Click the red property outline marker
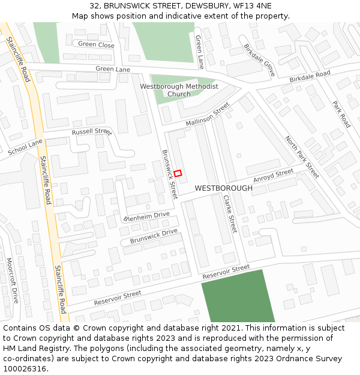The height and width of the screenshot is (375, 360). pos(178,173)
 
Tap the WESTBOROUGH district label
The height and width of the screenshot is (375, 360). pos(224,188)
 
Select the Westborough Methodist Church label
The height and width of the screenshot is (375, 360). pos(179,90)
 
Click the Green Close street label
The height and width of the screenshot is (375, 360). pos(96,45)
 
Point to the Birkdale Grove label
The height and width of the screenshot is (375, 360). pos(259,60)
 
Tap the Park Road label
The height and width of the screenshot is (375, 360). pos(341,114)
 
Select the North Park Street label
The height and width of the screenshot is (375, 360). pos(302,157)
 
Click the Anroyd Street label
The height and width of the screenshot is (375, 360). pos(274,176)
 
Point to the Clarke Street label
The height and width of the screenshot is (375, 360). pos(230,214)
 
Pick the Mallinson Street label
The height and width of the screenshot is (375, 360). pos(208,114)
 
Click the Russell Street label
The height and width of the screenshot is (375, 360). pos(92,132)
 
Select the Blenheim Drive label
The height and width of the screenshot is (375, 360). pos(147,216)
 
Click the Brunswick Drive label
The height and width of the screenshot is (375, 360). pos(154,236)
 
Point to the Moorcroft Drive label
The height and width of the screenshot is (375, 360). pos(11,280)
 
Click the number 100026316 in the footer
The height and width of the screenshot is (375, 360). pos(25,368)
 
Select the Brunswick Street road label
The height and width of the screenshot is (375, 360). pos(170,175)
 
